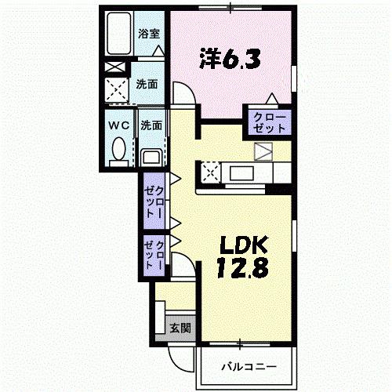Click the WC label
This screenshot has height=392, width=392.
pyautogui.click(x=118, y=125)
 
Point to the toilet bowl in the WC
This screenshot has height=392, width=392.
pyautogui.click(x=119, y=149)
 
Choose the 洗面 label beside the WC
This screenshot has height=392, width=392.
pyautogui.click(x=151, y=125)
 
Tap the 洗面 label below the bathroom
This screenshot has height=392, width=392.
pyautogui.click(x=146, y=83)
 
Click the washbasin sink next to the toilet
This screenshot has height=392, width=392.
pyautogui.click(x=152, y=156)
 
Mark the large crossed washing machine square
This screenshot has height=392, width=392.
pyautogui.click(x=118, y=92)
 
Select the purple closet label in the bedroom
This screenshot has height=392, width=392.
pyautogui.click(x=269, y=122)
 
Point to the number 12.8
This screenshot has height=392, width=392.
pyautogui.click(x=243, y=267)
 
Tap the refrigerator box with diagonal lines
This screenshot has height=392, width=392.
pyautogui.click(x=263, y=151)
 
